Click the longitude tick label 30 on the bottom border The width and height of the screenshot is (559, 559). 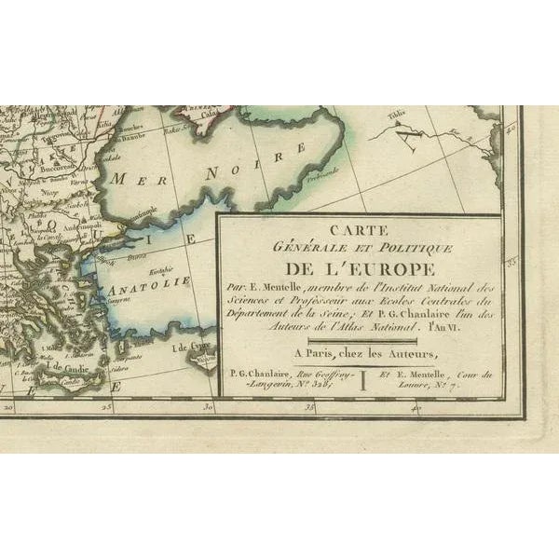210,407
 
